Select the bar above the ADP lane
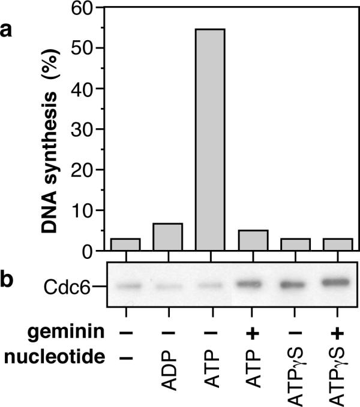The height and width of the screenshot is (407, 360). [x=168, y=237]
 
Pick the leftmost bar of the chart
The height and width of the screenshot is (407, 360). [x=126, y=245]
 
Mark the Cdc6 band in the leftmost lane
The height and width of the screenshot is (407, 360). [x=126, y=287]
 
